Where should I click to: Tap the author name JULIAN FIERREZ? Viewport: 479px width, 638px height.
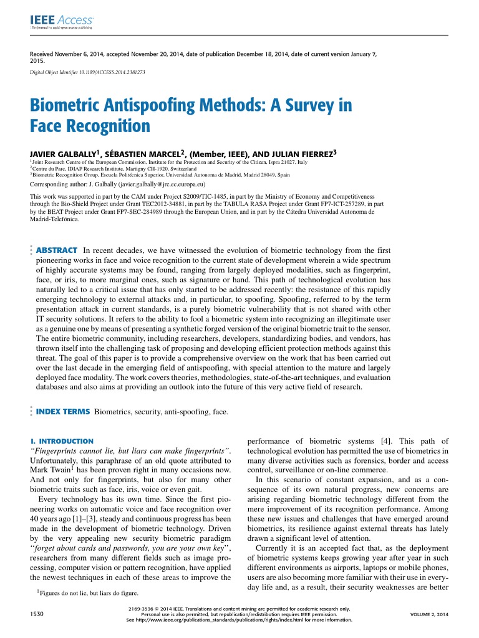tap(302, 153)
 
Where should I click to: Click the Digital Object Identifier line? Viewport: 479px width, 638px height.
tap(87, 72)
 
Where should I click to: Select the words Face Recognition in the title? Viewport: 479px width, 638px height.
tap(90, 127)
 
